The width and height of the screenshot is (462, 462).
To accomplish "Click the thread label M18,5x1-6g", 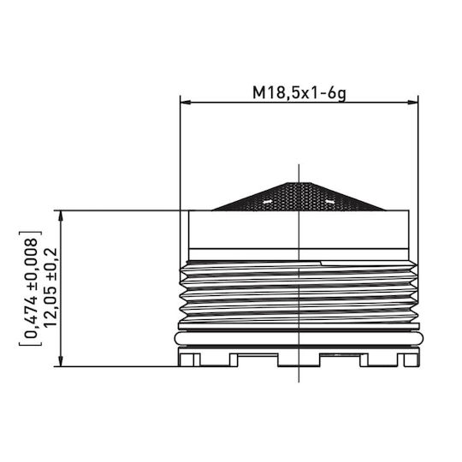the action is point(299,93).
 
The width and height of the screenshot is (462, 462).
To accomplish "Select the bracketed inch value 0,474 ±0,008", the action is point(32,287).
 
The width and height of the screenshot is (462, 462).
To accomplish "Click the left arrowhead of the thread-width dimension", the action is point(186,103).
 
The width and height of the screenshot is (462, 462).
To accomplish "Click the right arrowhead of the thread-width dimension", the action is point(412,103).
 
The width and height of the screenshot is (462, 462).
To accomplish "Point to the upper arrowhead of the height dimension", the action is point(61,216).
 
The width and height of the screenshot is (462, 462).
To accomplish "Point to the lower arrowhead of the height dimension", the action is point(61,361).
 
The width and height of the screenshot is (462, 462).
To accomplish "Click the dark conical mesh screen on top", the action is point(299,197).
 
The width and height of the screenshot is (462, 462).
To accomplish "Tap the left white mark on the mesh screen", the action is point(267,202).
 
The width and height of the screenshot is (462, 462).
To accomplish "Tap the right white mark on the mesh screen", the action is point(330,202).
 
